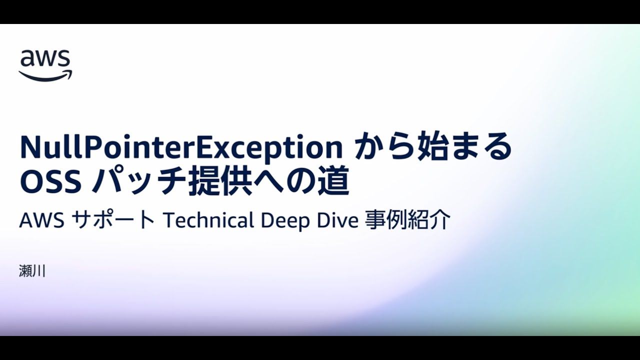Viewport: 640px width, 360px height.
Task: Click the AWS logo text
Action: tap(45, 59)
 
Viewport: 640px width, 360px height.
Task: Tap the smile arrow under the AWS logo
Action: tap(45, 75)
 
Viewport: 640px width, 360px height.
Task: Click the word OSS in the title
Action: tap(50, 182)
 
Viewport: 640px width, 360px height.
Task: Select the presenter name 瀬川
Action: tap(32, 272)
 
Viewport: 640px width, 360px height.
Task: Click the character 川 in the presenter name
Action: tap(39, 272)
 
